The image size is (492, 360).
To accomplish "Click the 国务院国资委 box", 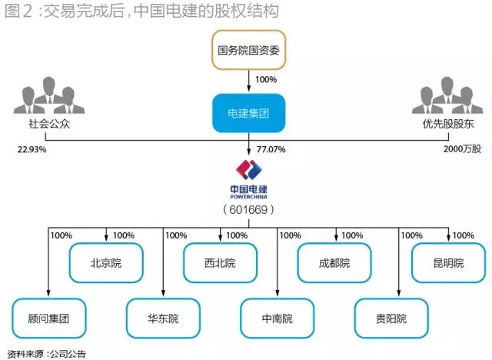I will point(248,52).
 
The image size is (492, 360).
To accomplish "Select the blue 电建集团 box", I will point(248,113).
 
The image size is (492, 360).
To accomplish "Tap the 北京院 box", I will point(105,263).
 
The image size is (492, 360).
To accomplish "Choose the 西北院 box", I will point(219,263).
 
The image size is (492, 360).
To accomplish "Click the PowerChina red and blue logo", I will point(248,170).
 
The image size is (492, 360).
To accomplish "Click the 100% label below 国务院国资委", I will point(265,79).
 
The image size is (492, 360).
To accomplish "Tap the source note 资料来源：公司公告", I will point(46,354).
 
